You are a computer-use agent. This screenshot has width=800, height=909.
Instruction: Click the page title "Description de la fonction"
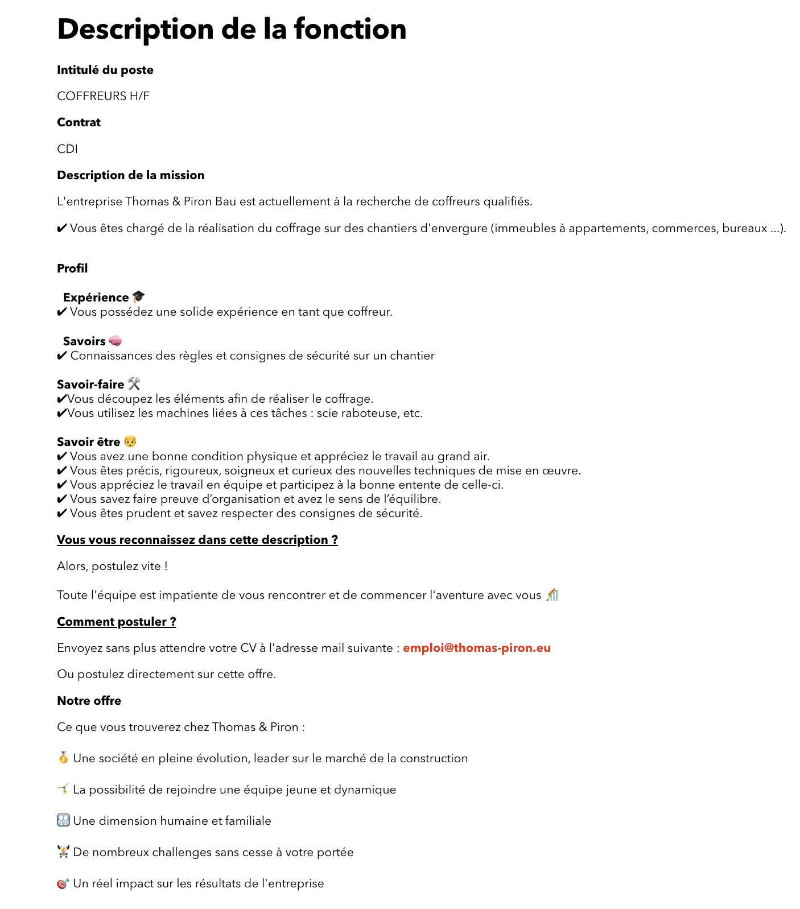coord(232,29)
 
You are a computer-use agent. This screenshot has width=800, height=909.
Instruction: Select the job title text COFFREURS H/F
coord(103,96)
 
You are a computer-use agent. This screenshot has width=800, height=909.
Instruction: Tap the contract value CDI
coord(67,149)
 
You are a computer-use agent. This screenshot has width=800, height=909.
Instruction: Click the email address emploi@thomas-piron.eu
coord(476,648)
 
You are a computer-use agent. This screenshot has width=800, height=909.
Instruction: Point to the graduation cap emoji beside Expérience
coord(138,297)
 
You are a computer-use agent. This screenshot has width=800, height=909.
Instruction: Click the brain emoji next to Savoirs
coord(115,341)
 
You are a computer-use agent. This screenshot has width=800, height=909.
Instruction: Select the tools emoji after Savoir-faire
coord(134,384)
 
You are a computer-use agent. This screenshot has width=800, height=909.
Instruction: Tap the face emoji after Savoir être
coord(130,441)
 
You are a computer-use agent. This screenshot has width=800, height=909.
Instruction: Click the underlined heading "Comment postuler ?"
coord(116,622)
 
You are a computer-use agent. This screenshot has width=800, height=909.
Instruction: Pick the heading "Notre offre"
coord(89,701)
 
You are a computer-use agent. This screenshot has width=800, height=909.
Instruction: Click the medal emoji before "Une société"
coord(63,758)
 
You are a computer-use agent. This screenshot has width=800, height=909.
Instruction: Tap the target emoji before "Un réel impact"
coord(63,883)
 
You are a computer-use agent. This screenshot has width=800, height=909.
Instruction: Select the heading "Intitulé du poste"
coord(105,70)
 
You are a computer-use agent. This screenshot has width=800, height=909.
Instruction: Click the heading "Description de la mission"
coord(130,175)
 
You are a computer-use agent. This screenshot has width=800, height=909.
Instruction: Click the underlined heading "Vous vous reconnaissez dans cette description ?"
coord(197,540)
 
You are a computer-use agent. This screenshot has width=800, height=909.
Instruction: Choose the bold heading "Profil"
coord(72,268)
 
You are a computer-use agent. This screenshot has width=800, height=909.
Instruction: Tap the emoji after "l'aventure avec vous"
coord(552,595)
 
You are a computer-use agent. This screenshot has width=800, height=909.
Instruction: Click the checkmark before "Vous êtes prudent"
coord(62,513)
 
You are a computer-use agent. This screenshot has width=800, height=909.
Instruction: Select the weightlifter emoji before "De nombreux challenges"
coord(63,852)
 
